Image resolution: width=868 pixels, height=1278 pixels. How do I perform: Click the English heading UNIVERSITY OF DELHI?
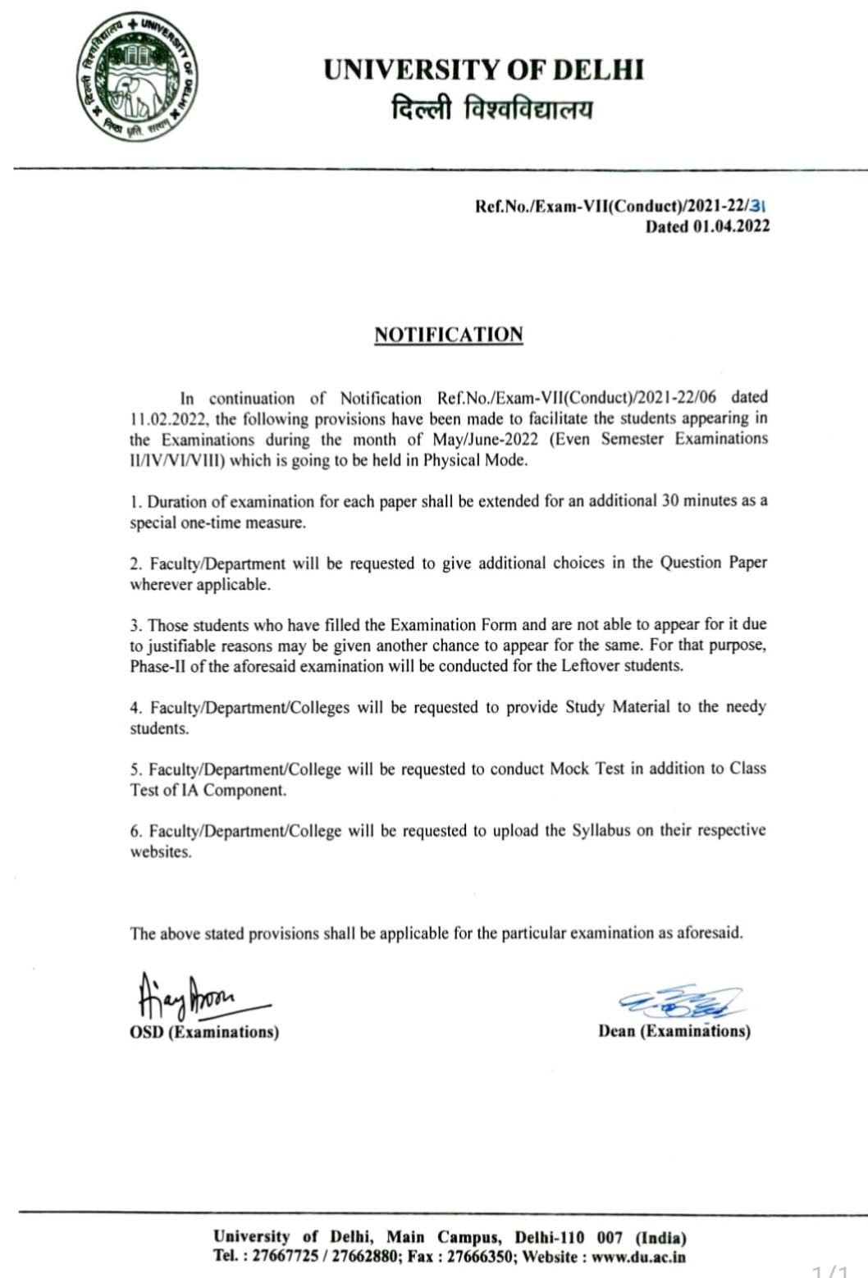(483, 70)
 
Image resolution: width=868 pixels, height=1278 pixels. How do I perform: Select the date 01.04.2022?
(730, 227)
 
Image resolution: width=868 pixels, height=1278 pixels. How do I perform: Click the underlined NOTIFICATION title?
(448, 335)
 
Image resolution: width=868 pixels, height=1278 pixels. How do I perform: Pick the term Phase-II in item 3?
(158, 666)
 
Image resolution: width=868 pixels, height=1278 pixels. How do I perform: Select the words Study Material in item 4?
(617, 706)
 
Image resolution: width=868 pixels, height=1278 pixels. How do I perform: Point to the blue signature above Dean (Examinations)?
(681, 1002)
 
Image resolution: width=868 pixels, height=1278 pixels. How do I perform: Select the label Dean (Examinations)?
(674, 1031)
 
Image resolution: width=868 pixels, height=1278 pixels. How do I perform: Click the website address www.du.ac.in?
(638, 1257)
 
